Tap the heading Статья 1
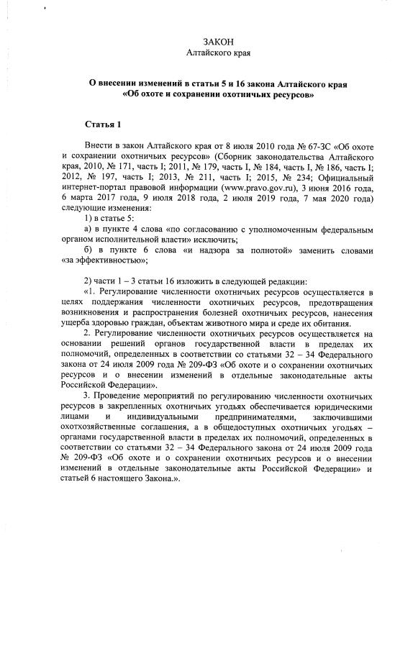(104, 124)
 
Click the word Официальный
(346, 177)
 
